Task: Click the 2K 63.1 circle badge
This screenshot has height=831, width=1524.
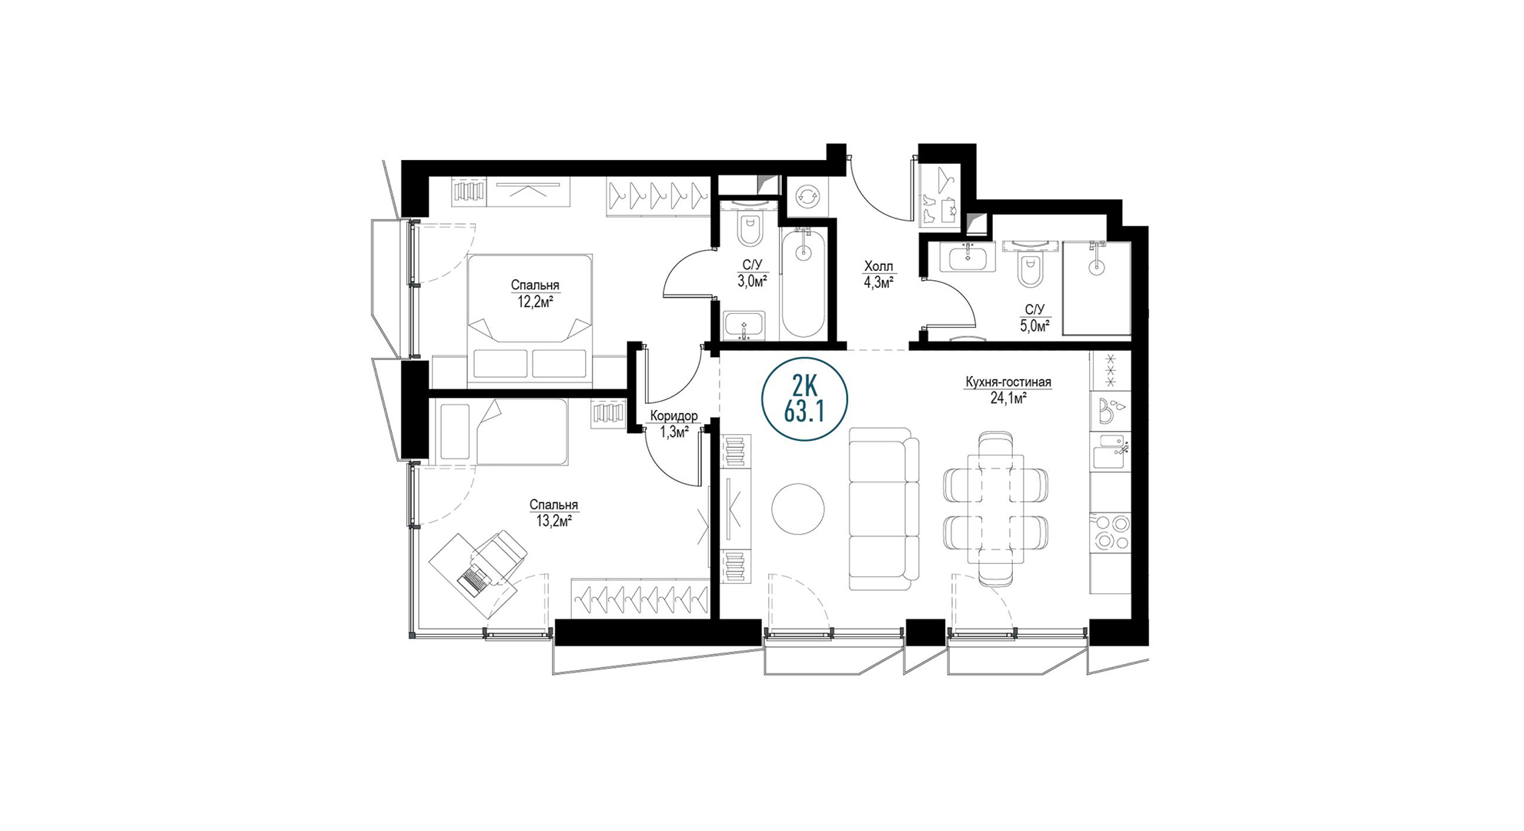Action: pos(804,400)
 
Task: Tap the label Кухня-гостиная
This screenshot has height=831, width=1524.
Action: pos(1008,382)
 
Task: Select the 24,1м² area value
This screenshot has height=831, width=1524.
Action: pos(1008,399)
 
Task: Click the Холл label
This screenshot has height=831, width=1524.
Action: pos(878,267)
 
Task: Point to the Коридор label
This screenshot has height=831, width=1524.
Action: pos(673,416)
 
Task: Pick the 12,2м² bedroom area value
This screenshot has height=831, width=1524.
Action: pos(535,302)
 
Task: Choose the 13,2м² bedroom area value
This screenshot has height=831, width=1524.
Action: pos(553,521)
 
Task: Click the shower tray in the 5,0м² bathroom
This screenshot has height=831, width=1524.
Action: pos(1097,289)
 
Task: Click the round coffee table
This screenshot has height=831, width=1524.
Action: pos(798,509)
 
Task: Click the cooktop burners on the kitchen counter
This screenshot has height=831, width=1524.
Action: pos(1110,532)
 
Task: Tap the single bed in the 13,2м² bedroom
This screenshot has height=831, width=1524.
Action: pos(500,432)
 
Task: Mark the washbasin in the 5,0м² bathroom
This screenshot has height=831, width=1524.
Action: pos(968,257)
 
